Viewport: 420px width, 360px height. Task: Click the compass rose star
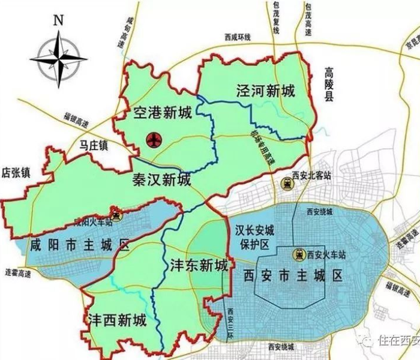[x=59, y=58]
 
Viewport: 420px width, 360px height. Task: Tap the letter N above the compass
[x=58, y=19]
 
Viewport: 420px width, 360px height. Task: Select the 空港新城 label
[x=163, y=113]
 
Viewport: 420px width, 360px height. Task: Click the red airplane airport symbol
[x=154, y=140]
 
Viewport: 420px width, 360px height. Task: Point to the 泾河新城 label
[x=265, y=92]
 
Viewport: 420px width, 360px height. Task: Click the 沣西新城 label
[x=118, y=318]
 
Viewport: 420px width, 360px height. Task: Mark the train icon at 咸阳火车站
[x=115, y=212]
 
